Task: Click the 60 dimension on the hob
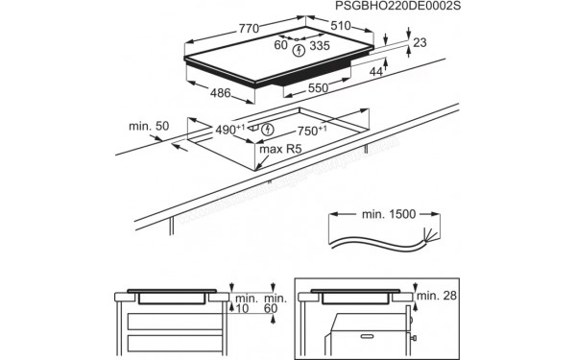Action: (280, 45)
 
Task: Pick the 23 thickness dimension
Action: (420, 42)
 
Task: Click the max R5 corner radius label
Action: (281, 150)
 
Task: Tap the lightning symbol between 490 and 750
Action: (268, 130)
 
